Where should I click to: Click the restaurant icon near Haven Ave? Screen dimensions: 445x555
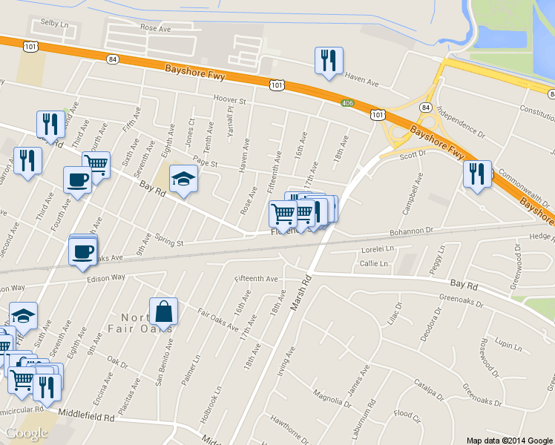(329, 62)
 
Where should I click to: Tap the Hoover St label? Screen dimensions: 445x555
(229, 99)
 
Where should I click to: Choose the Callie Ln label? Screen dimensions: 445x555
(373, 264)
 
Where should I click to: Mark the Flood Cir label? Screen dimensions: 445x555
(407, 414)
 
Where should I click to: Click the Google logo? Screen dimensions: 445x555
(27, 433)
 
